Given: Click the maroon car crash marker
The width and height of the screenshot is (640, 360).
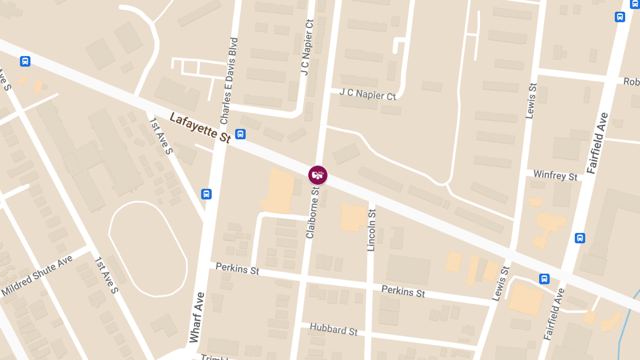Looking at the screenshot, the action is tap(318, 174).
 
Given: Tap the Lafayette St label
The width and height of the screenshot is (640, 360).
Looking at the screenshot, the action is tap(200, 127).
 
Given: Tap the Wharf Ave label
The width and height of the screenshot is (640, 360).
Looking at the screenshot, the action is tap(197, 317).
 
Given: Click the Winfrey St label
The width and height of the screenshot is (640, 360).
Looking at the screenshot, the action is tap(556, 175).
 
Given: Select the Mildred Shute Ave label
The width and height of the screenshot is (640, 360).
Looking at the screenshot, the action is tap(37, 276).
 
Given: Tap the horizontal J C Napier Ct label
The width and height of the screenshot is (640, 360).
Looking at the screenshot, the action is tap(368, 94).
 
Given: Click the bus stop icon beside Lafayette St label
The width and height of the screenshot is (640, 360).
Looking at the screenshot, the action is tap(241, 134).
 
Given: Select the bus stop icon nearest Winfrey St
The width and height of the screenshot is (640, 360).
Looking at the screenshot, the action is tap(580, 238).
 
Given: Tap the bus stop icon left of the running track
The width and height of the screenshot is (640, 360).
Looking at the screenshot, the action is tap(206, 194).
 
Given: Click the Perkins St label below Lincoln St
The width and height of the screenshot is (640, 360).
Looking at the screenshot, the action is tap(403, 291).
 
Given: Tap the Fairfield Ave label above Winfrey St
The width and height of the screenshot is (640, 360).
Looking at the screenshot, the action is tap(597, 142).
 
